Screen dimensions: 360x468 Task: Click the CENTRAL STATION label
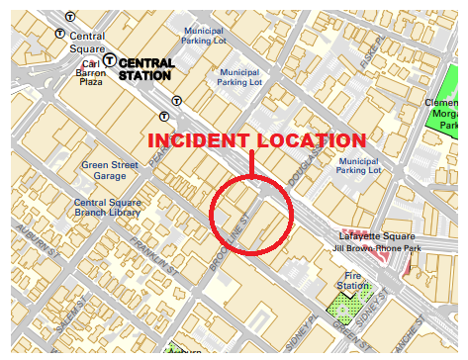(x=146, y=68)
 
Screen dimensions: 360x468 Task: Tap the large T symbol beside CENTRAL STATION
(x=110, y=60)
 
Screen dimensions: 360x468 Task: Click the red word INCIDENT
(x=197, y=140)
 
